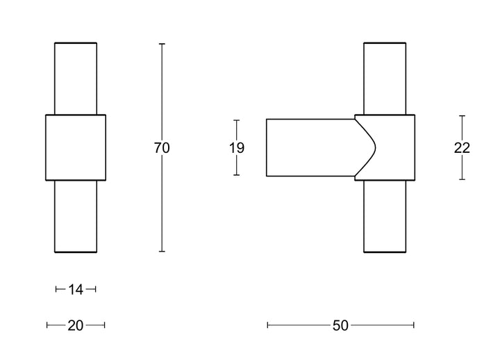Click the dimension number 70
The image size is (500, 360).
[162, 148]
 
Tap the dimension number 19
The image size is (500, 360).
[237, 148]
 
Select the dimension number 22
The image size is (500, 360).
[462, 148]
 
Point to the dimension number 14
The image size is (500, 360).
[76, 290]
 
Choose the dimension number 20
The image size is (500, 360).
[76, 325]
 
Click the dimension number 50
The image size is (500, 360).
[340, 325]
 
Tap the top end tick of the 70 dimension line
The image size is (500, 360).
[162, 44]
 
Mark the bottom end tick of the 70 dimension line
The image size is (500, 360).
[162, 252]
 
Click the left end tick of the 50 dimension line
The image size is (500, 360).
[267, 325]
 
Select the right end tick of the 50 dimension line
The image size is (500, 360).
[414, 325]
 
